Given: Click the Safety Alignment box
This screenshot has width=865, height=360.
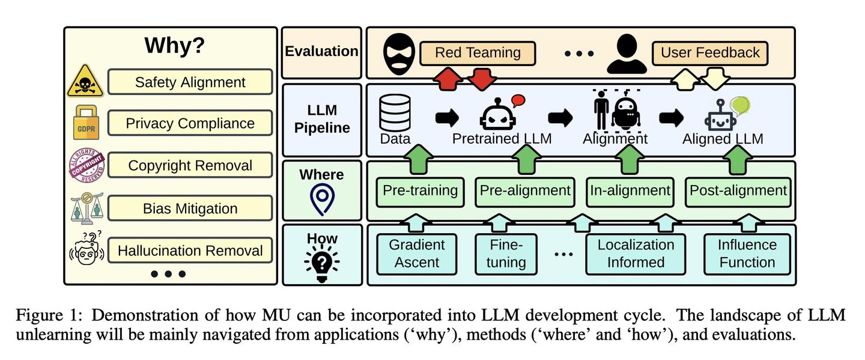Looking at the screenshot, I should click(x=190, y=82).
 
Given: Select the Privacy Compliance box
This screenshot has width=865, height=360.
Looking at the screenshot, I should click(x=190, y=123).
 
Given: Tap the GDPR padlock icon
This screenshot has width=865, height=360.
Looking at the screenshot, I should click(x=86, y=123).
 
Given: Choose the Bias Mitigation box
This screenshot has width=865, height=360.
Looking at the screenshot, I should click(x=190, y=209).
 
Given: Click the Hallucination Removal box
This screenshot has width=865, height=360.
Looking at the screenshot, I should click(x=190, y=251).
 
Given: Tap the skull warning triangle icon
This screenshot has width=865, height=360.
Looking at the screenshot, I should click(x=85, y=81).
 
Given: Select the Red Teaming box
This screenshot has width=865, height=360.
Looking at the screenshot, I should click(x=477, y=53).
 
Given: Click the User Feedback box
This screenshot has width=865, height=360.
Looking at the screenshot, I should click(x=709, y=53).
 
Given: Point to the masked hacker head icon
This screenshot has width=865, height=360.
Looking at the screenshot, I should click(x=399, y=53).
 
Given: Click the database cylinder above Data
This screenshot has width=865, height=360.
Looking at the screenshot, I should click(x=395, y=112).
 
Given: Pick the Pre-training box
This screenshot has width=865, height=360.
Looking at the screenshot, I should click(x=420, y=191).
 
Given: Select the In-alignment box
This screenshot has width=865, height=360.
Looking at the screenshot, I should click(x=630, y=191).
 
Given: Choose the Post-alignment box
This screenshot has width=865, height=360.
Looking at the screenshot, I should click(x=738, y=191).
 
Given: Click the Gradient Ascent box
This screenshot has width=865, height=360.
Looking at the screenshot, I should click(x=416, y=254).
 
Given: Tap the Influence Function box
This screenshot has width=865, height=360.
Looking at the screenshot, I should click(x=747, y=254).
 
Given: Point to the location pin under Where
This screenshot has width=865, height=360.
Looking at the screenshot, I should click(x=322, y=200).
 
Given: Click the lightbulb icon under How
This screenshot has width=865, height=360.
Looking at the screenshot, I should click(x=322, y=263).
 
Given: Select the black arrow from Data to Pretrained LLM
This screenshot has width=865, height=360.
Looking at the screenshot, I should click(x=446, y=118).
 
